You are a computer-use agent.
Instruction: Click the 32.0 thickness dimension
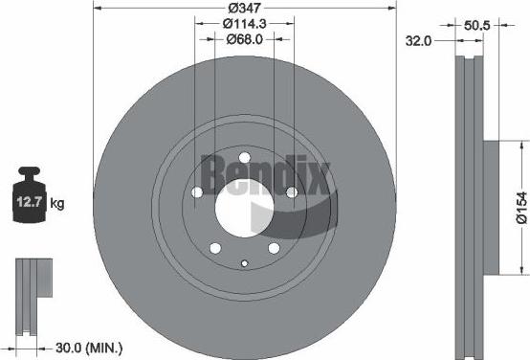[419, 40]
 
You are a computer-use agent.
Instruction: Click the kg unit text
[57, 204]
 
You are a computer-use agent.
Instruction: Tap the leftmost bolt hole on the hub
[197, 192]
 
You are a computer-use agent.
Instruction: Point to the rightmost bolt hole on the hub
[291, 192]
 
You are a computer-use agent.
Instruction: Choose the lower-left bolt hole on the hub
[215, 247]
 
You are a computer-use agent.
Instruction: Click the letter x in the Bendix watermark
[320, 174]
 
